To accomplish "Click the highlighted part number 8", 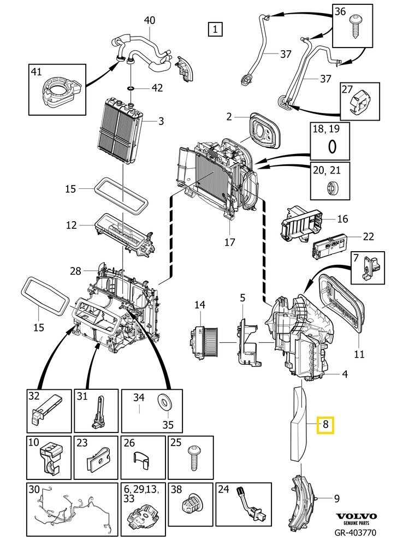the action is [325, 424].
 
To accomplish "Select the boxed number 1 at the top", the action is [215, 29].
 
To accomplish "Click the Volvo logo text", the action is [356, 516].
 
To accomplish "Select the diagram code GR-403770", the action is [355, 532].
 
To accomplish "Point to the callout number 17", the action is [229, 242].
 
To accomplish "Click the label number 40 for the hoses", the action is [150, 20].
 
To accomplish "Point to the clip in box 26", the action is [143, 460].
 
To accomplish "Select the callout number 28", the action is [75, 271].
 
